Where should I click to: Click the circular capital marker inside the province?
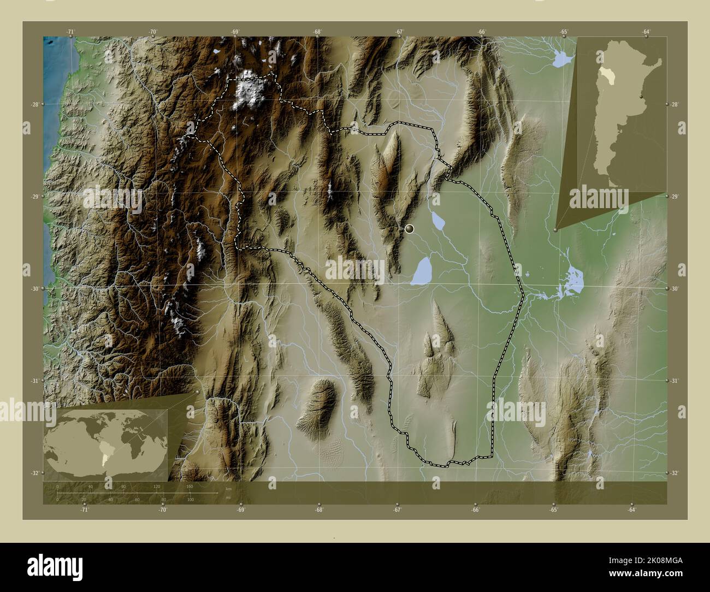410,229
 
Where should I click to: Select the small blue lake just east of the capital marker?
438,220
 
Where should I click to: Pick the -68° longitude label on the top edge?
317,32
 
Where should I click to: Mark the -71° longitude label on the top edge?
70,32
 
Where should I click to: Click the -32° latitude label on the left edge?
36,473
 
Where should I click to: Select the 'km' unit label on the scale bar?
228,489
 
